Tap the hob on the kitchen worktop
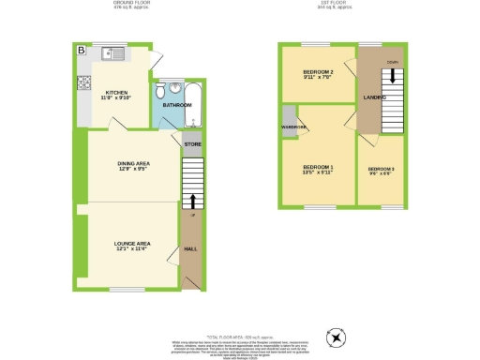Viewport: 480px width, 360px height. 82,82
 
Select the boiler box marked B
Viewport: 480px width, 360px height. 81,50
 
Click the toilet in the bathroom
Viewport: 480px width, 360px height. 162,91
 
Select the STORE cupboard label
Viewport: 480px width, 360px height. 191,144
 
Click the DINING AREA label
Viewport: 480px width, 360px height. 133,166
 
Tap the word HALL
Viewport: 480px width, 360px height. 189,249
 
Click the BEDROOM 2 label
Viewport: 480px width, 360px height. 317,75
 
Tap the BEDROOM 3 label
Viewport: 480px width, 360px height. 381,170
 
